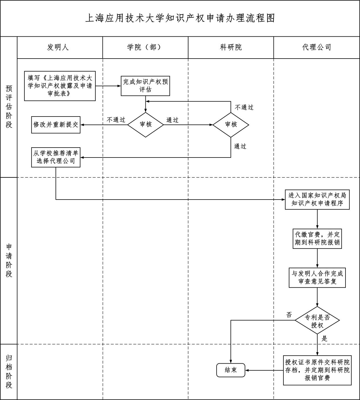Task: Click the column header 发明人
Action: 58,47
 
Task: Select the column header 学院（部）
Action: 145,47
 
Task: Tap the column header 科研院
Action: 231,47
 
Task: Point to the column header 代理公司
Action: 317,47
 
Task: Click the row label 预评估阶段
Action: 9,107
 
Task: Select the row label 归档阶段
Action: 9,371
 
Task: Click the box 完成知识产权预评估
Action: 145,86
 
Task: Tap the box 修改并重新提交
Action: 56,125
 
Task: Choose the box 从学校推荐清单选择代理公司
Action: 56,157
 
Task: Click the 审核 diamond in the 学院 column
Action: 145,125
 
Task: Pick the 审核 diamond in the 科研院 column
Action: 231,125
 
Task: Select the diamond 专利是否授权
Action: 317,321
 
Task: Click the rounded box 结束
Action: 231,370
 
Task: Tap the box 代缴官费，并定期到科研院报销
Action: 317,239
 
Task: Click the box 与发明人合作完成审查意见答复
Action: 317,277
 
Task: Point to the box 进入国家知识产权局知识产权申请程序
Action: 317,200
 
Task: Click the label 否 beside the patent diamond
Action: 289,315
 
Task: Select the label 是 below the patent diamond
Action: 324,339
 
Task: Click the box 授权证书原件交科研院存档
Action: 317,370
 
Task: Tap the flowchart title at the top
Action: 180,18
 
